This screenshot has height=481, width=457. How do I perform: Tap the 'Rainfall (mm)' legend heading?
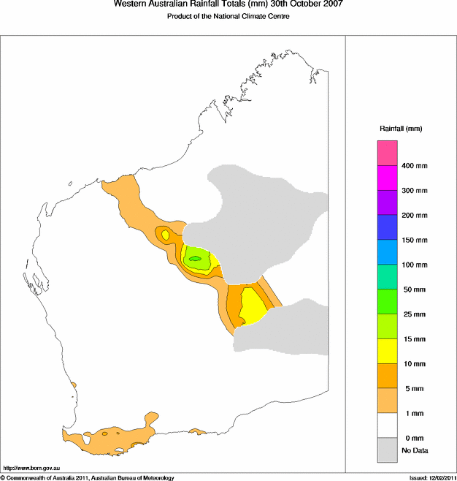(x=400, y=129)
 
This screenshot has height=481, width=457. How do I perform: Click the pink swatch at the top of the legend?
(x=387, y=153)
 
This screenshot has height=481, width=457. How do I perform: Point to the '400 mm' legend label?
(x=415, y=166)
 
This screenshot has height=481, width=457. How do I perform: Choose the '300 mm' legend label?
(x=415, y=191)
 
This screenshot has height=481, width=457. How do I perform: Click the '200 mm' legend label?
(x=415, y=216)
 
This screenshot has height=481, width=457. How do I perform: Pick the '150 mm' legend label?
(x=415, y=240)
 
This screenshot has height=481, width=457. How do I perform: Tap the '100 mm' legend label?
(x=415, y=265)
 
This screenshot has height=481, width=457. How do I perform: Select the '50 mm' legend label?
(x=413, y=289)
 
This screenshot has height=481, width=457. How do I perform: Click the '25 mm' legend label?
(x=413, y=314)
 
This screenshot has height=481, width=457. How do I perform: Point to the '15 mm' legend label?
(x=413, y=339)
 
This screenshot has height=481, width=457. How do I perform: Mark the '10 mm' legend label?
(x=413, y=363)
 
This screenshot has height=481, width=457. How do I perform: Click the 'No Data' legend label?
(x=414, y=450)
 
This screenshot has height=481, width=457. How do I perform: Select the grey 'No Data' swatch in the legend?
(x=387, y=450)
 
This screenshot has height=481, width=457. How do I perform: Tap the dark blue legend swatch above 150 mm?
(x=387, y=227)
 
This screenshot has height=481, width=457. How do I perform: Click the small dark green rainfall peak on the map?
(x=194, y=258)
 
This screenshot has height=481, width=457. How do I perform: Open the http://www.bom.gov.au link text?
(x=31, y=467)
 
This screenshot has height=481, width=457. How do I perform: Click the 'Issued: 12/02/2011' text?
(x=431, y=477)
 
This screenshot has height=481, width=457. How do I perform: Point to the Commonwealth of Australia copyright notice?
(x=88, y=477)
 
